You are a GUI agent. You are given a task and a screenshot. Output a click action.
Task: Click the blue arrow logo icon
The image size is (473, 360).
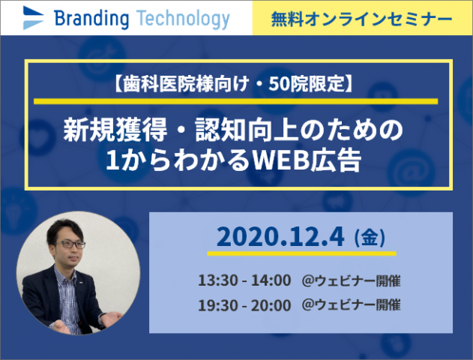coord(33,18)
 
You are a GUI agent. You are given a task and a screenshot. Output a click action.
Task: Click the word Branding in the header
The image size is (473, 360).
coord(91,19)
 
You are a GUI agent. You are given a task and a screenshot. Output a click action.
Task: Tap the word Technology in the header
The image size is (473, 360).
coord(183,19)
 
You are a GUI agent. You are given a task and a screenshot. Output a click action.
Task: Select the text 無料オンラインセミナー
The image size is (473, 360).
coord(362,19)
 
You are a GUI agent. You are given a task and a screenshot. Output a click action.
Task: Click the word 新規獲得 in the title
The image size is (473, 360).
coord(115,130)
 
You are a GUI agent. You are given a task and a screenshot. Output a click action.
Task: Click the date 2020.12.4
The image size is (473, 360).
coord(280,237)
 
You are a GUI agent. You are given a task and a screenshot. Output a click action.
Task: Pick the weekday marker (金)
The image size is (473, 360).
coord(370,238)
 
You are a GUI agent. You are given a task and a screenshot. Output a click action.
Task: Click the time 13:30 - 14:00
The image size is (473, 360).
coord(244,280)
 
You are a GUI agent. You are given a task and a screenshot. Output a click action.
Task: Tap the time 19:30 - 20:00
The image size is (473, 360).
coord(244,305)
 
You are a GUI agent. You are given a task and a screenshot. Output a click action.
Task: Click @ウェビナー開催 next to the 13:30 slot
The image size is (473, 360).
coord(351,280)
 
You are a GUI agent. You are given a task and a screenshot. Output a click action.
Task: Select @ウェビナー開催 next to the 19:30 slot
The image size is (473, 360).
coord(351,304)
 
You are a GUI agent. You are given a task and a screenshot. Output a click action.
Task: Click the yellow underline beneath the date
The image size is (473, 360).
coord(301,253)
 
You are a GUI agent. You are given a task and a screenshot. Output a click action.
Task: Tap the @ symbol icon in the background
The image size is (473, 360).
coord(411,172)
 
